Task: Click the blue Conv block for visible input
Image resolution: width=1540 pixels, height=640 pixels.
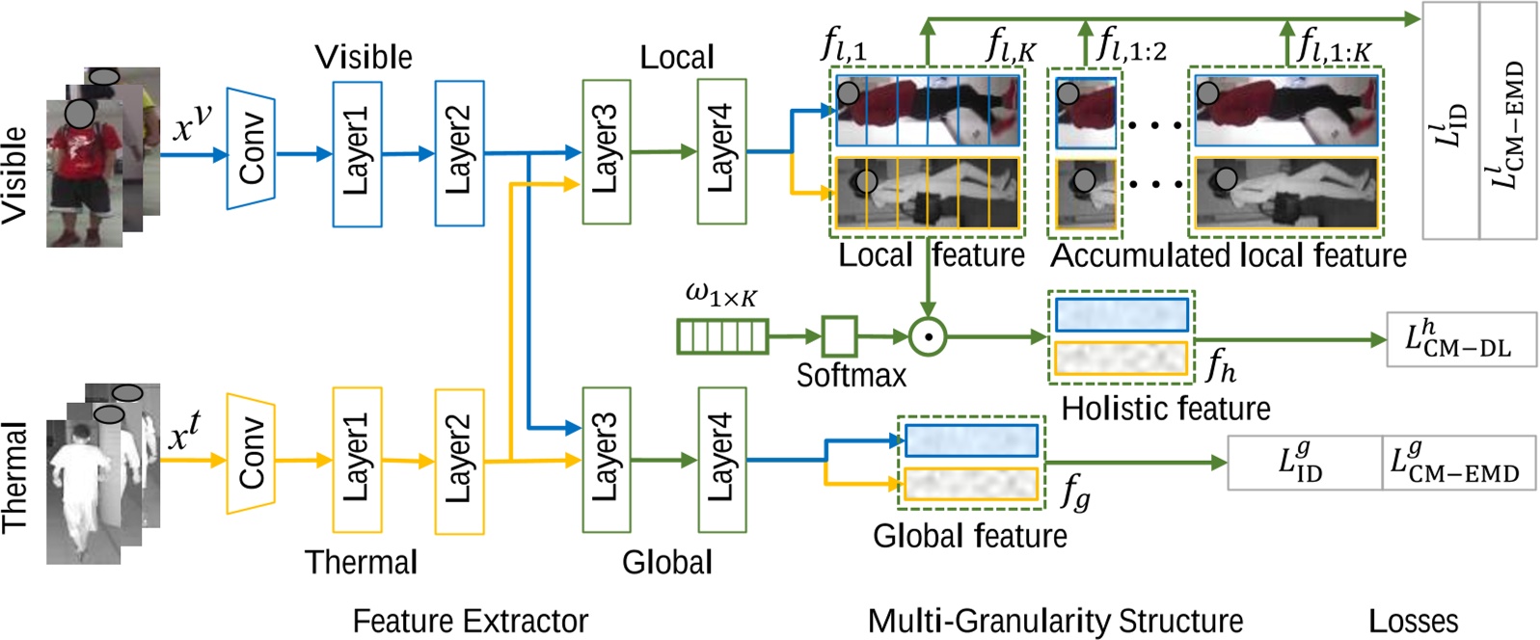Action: point(251,148)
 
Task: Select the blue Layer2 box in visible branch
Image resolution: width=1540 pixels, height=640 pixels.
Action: point(459,153)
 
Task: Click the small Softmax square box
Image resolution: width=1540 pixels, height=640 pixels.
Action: point(839,336)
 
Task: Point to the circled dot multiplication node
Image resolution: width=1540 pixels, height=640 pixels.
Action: point(927,336)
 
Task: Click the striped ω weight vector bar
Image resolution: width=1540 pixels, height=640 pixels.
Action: point(722,336)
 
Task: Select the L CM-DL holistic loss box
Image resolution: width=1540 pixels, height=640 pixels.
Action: point(1460,339)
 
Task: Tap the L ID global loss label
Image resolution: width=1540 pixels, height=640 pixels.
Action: point(1302,462)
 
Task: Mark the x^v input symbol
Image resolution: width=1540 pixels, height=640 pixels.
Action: point(191,123)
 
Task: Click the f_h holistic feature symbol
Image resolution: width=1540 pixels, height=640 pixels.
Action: point(1220,365)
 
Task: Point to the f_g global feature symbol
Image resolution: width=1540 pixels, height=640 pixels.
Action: point(1075,493)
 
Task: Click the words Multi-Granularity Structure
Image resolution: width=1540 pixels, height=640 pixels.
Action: point(1055,621)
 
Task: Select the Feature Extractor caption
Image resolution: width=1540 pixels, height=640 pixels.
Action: point(470,621)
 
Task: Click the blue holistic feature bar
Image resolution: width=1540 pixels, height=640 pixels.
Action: point(1121,315)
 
